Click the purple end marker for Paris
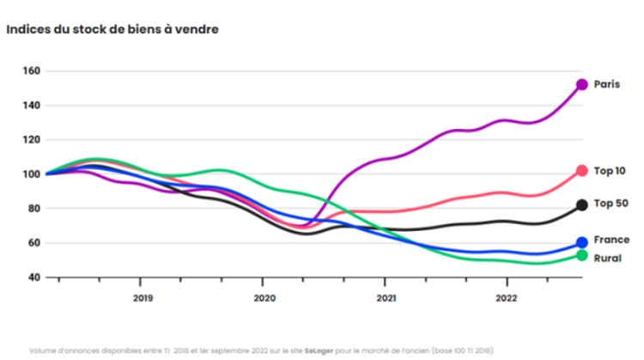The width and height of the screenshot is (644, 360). click(581, 85)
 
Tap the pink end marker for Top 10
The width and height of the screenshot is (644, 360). click(581, 170)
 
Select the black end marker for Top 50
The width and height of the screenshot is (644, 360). click(581, 204)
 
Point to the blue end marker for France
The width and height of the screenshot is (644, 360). click(581, 242)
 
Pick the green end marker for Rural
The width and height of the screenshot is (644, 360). click(581, 256)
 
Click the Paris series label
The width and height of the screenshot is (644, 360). click(606, 84)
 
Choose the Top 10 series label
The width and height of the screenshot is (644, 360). click(610, 171)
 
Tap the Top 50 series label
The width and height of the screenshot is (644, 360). click(611, 204)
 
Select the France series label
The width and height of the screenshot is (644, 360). click(611, 240)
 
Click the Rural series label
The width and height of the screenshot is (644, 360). click(607, 258)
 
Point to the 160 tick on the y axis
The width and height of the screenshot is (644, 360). click(32, 70)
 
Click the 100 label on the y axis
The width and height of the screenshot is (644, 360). click(32, 174)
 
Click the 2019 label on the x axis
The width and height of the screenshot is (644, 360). click(143, 298)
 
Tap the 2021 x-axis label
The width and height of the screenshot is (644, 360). click(386, 298)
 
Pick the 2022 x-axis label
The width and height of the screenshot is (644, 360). click(507, 298)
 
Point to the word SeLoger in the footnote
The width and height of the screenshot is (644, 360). click(319, 351)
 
